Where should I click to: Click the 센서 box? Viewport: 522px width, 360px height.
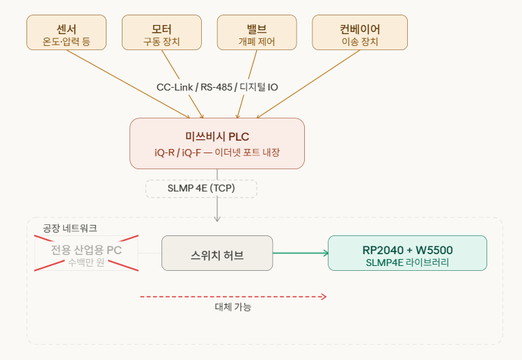point(67,33)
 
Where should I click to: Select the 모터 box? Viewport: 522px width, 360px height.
point(161,33)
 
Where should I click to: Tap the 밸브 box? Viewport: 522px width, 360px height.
point(257,33)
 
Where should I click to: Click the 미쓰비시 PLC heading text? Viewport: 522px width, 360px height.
point(217,136)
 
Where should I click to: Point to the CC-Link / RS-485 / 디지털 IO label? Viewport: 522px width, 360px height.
point(217,87)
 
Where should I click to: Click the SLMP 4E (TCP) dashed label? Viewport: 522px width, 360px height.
point(201,189)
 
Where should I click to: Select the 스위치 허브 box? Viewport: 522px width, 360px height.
point(217,253)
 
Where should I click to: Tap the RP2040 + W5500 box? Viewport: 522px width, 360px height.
point(407,253)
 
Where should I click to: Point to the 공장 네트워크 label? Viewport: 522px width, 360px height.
point(70,228)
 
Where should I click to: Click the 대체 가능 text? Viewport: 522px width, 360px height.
point(232,307)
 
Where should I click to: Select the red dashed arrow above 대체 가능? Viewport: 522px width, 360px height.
point(232,297)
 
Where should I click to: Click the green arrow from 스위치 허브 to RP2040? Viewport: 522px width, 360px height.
point(300,253)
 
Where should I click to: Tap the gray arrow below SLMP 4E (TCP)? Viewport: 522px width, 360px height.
point(217,210)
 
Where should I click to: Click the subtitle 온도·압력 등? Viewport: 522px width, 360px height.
point(67,42)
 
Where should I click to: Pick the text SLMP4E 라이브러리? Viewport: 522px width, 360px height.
point(407,263)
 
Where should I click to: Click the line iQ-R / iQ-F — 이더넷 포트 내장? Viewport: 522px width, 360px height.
point(217,152)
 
